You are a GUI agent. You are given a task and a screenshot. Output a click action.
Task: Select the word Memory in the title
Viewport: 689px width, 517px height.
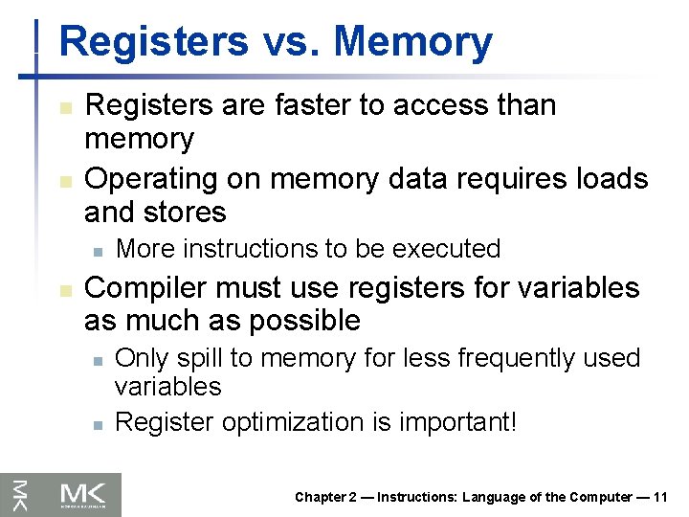(413, 42)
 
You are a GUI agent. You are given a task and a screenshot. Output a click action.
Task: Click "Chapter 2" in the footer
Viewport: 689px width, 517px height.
(326, 497)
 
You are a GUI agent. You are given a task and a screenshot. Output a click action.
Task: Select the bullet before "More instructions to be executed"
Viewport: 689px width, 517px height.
(98, 250)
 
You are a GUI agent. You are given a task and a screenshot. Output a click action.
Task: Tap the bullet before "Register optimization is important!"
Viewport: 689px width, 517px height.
(98, 422)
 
